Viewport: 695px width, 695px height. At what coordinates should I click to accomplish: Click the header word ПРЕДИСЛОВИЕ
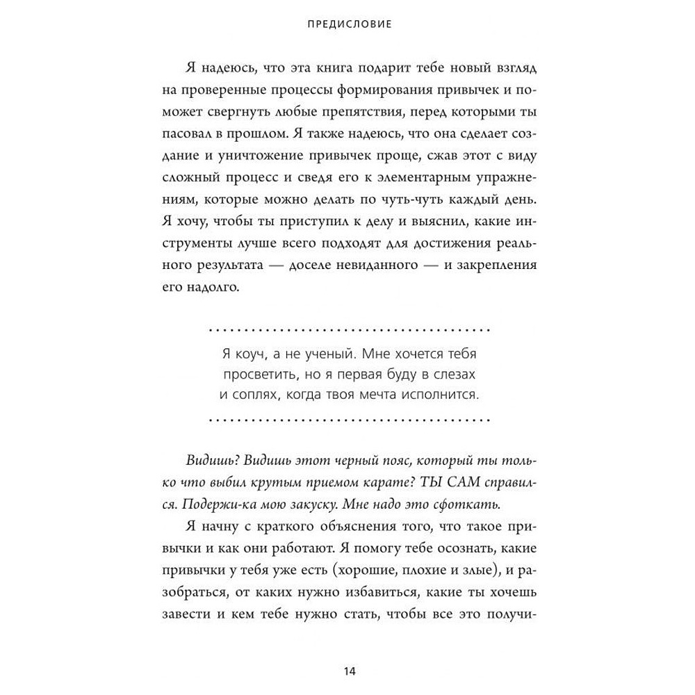(x=349, y=24)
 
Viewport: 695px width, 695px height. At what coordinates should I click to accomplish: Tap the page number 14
(x=349, y=671)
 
